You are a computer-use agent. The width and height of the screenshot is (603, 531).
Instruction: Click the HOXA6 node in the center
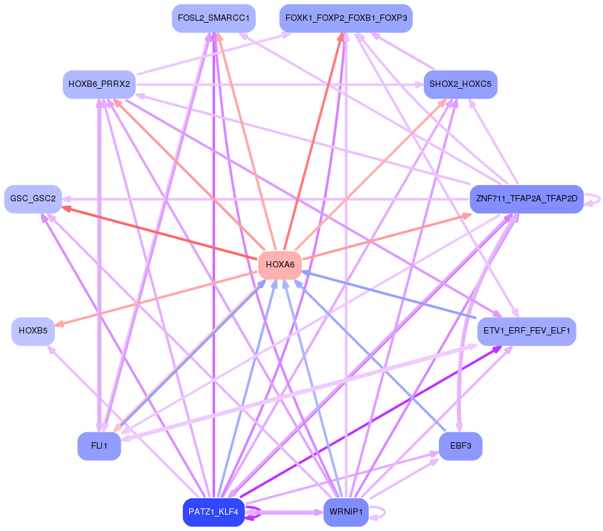click(x=280, y=265)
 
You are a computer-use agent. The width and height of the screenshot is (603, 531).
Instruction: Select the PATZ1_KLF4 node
click(x=214, y=512)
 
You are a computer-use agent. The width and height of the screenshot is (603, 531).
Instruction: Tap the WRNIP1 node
click(x=346, y=512)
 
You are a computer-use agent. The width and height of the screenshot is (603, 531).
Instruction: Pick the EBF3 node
click(x=461, y=446)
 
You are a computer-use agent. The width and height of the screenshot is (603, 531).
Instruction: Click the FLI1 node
click(x=99, y=446)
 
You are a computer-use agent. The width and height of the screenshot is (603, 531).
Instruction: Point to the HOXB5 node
click(x=33, y=331)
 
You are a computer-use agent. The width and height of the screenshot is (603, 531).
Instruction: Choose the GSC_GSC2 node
click(x=33, y=199)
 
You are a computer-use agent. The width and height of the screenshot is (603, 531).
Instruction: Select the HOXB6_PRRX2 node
click(x=99, y=84)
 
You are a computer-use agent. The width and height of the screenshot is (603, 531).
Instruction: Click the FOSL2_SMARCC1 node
click(x=214, y=18)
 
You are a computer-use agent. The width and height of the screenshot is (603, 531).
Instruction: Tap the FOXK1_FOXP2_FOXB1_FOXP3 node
click(x=346, y=18)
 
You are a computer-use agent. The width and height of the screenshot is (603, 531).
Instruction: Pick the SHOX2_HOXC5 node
click(x=461, y=84)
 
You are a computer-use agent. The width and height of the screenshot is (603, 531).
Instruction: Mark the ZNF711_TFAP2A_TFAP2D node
click(x=527, y=199)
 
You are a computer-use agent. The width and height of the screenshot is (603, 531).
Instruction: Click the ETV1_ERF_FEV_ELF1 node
click(x=527, y=331)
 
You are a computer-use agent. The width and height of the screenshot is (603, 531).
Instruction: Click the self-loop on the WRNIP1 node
click(x=378, y=513)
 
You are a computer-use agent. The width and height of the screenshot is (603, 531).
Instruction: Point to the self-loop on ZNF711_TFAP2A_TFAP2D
click(x=592, y=199)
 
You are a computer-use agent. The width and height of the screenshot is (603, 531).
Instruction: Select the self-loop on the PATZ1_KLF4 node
click(x=254, y=513)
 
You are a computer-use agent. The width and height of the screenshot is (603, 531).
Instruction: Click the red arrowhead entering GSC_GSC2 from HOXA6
click(x=67, y=208)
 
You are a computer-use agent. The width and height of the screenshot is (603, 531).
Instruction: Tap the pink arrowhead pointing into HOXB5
click(x=59, y=324)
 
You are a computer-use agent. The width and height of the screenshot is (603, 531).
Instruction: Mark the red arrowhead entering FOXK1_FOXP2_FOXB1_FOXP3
click(x=341, y=37)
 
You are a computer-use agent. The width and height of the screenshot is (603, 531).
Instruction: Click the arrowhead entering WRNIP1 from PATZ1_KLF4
click(x=319, y=513)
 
